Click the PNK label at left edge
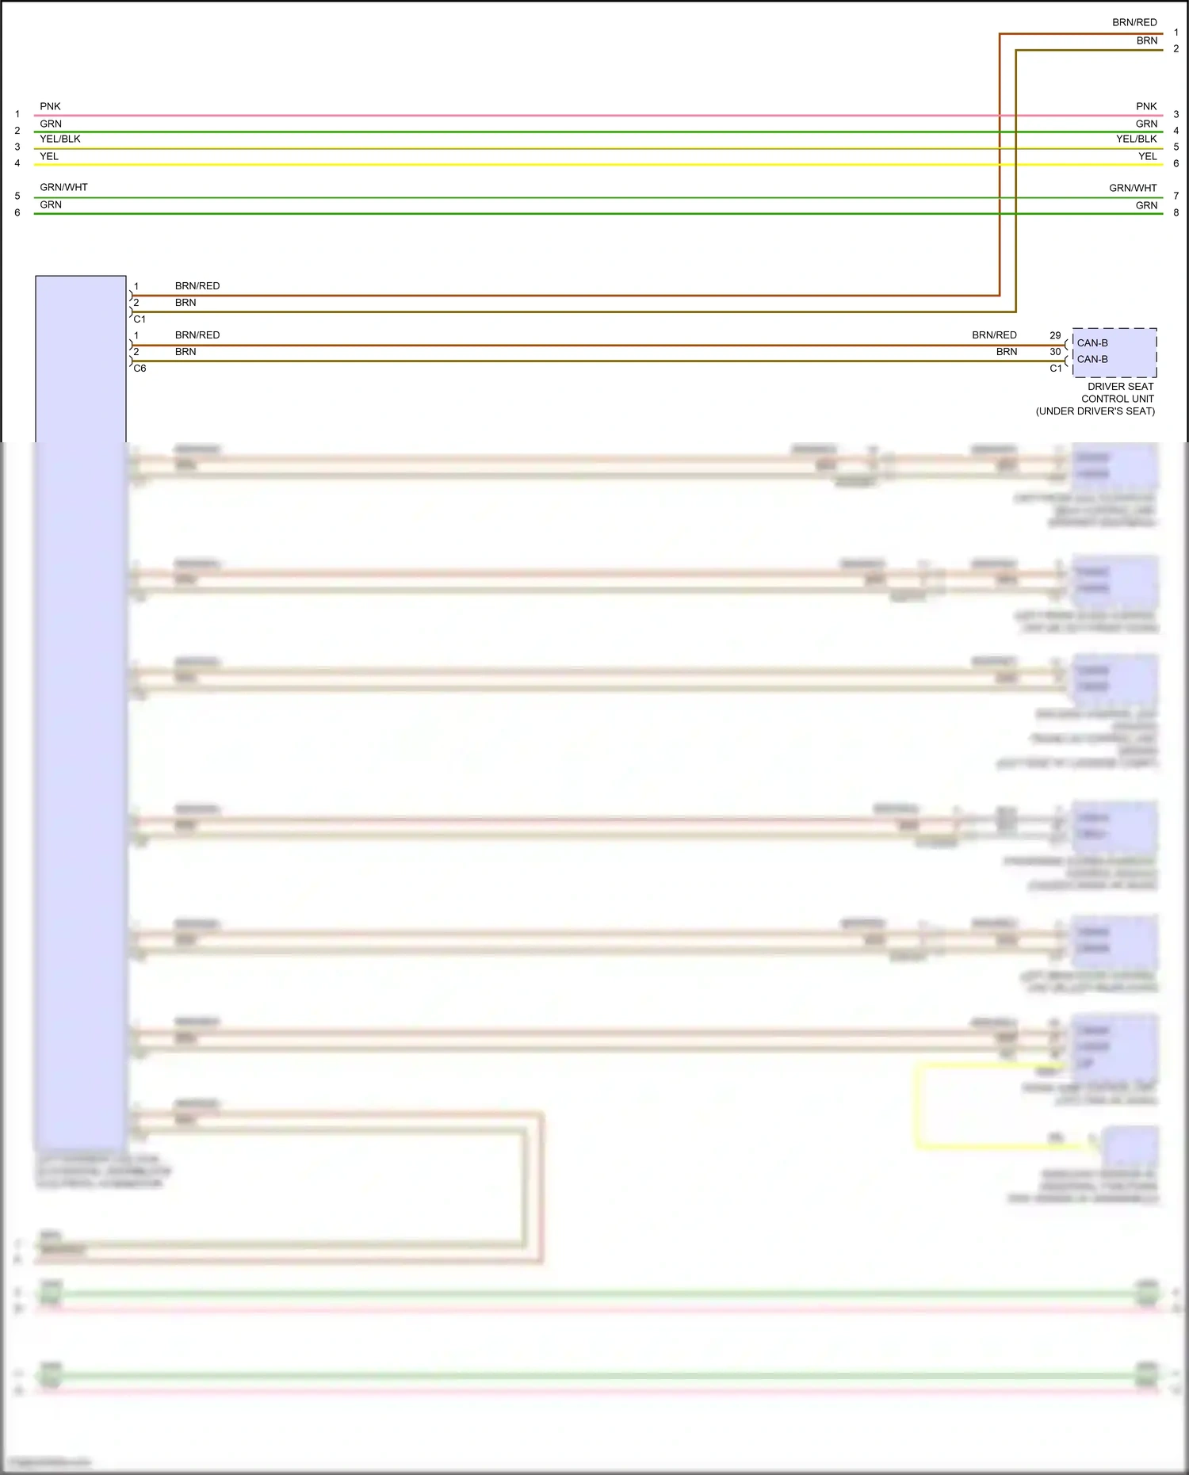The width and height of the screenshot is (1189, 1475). (x=50, y=106)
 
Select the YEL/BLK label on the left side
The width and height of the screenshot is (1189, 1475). (x=60, y=139)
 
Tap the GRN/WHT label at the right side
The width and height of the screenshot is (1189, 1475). (x=1133, y=188)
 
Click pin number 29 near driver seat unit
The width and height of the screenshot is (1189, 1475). (x=1055, y=335)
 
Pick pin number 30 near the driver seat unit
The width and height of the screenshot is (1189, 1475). (x=1055, y=352)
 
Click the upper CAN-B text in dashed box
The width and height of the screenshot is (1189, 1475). (x=1092, y=343)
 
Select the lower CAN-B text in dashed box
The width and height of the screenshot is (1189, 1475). (x=1092, y=359)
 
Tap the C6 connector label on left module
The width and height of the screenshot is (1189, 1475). (x=140, y=369)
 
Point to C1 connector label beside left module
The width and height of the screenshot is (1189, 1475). (x=140, y=319)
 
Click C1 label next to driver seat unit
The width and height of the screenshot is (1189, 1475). (x=1056, y=369)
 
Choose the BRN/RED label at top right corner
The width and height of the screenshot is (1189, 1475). (x=1134, y=22)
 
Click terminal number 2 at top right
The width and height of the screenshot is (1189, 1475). (x=1176, y=49)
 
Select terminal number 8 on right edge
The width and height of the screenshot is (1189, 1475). (x=1176, y=212)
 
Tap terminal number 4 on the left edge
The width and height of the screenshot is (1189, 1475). (x=17, y=163)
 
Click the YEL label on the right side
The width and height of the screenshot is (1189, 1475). (x=1148, y=156)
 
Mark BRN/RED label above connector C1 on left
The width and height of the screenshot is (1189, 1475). (x=197, y=286)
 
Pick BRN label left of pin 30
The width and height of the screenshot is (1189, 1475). (x=1007, y=352)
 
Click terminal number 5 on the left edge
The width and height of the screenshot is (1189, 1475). (x=17, y=196)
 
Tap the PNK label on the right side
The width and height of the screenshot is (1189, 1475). (x=1146, y=106)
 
